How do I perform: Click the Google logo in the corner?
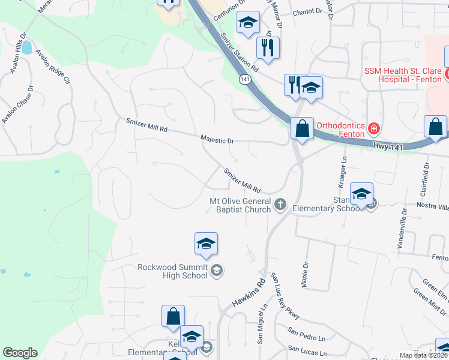pyautogui.click(x=20, y=353)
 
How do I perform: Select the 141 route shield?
pyautogui.click(x=244, y=79)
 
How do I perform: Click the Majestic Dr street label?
pyautogui.click(x=217, y=140)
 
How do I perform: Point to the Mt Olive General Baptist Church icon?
pyautogui.click(x=280, y=205)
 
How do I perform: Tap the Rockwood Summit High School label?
pyautogui.click(x=172, y=272)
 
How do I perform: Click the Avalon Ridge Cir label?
pyautogui.click(x=53, y=66)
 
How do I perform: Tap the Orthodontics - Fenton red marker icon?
pyautogui.click(x=373, y=128)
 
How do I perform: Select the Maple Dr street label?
pyautogui.click(x=306, y=272)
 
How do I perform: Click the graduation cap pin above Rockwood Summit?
pyautogui.click(x=206, y=244)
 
